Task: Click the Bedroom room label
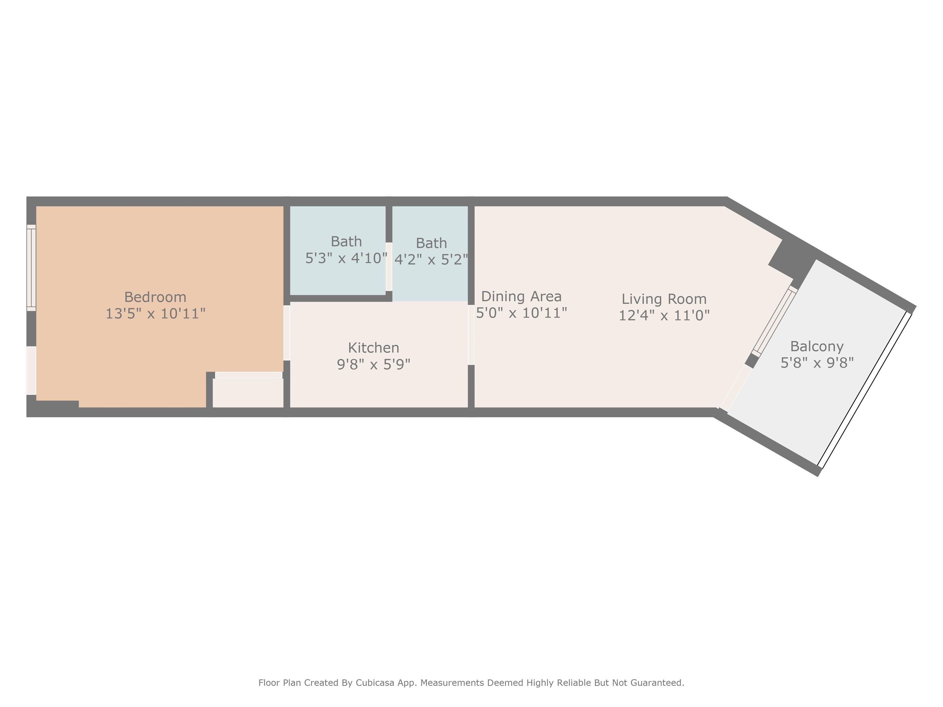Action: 155,297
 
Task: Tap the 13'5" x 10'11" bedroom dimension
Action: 155,314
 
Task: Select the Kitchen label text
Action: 374,348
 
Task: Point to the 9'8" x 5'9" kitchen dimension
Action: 374,364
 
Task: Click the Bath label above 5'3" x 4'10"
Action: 346,241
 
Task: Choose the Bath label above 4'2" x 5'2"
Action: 431,243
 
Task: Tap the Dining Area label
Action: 521,297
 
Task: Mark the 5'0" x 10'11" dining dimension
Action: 521,313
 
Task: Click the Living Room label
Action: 664,299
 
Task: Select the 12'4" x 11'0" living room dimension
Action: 664,315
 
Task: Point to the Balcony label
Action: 817,346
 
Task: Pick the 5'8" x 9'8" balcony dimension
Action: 817,363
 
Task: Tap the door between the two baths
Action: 389,267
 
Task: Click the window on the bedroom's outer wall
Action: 31,268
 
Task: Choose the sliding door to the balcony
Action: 774,321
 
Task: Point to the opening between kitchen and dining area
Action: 471,335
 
